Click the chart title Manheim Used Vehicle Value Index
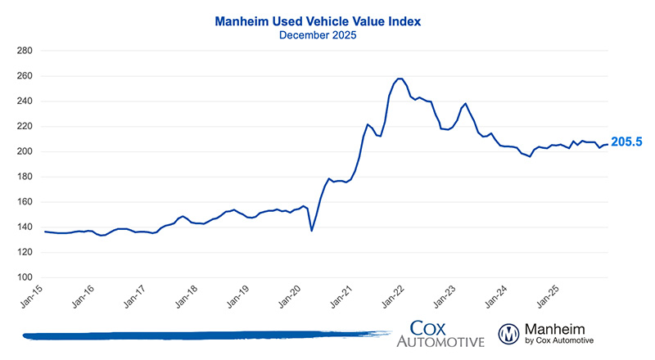(327, 20)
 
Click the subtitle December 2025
(327, 35)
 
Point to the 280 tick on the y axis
(25, 51)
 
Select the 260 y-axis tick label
(25, 76)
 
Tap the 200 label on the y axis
(25, 151)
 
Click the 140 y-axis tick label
(25, 227)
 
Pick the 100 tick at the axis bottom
(25, 277)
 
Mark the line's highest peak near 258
(400, 79)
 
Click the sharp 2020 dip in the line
(311, 231)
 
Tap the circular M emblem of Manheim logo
(509, 334)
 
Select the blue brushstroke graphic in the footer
(205, 335)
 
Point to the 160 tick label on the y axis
(25, 202)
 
